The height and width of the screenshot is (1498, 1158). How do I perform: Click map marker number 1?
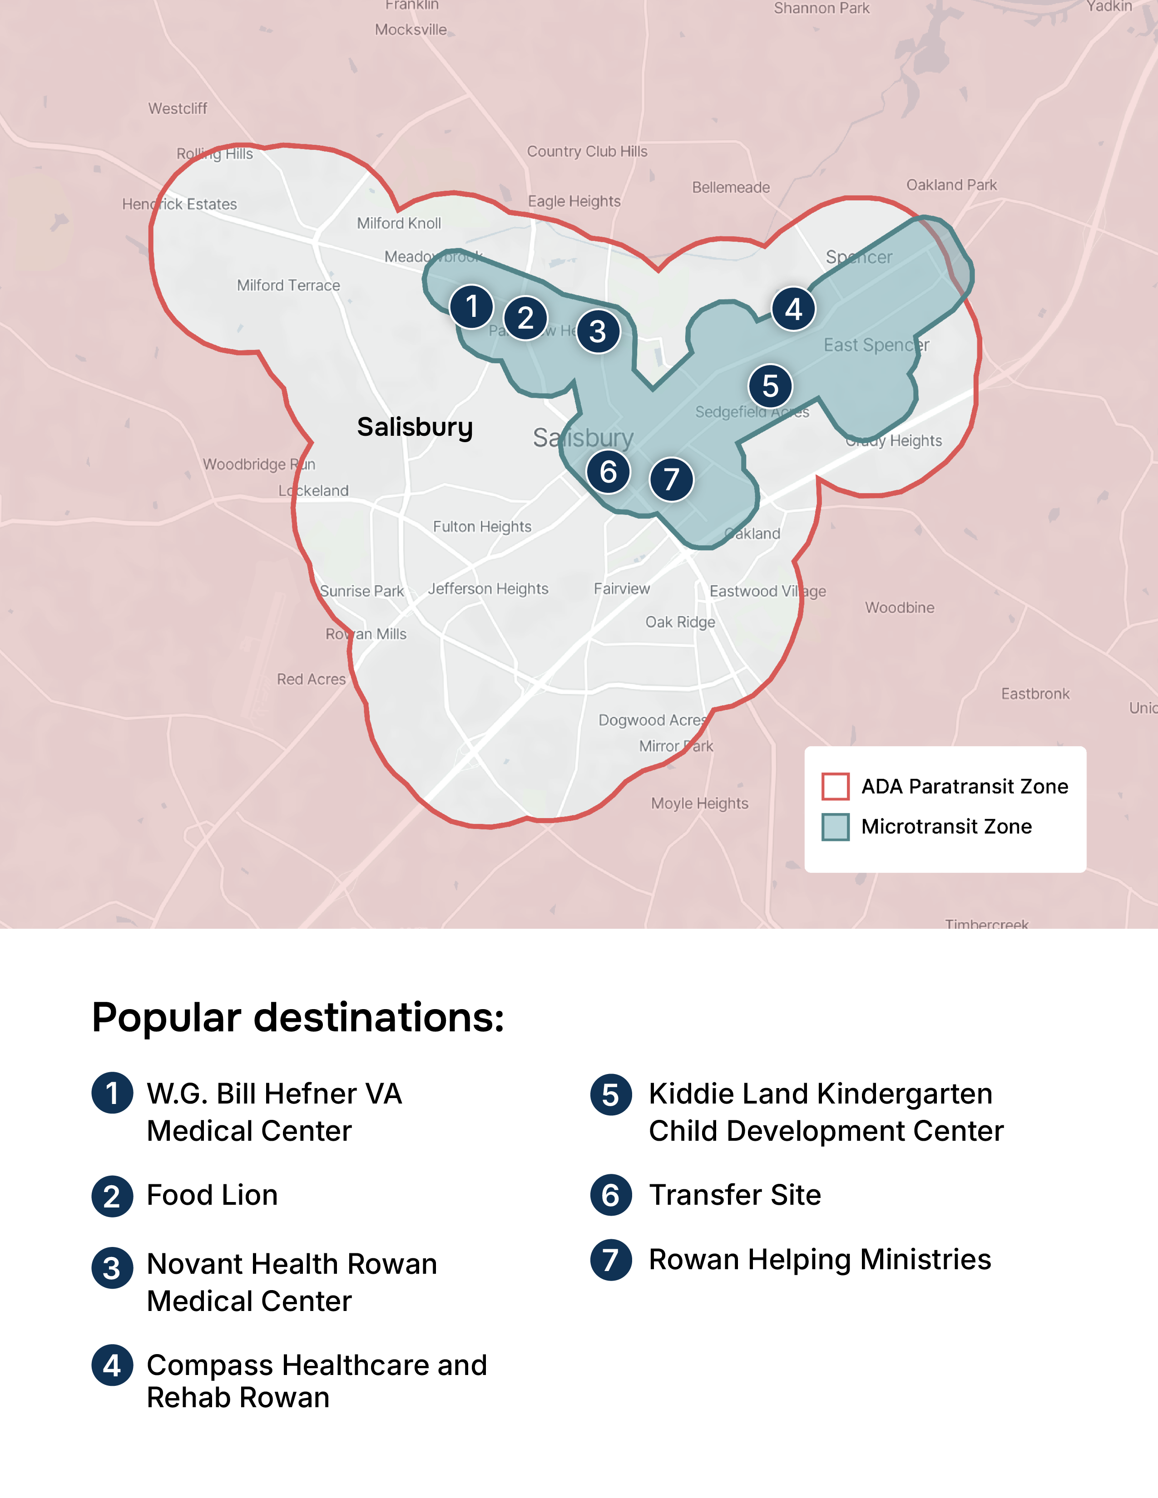[471, 306]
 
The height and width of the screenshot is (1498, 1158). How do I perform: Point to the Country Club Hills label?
[587, 152]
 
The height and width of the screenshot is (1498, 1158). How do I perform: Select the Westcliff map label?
[177, 108]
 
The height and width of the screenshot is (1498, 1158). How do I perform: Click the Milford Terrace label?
[288, 286]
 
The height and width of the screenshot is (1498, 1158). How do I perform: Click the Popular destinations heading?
[298, 1017]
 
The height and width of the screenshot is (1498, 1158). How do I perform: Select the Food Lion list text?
[212, 1196]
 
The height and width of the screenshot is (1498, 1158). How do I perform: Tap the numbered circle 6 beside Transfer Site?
[610, 1196]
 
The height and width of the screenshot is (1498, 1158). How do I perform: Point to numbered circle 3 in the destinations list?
[112, 1267]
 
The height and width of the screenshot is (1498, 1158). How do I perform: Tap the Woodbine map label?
[899, 608]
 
